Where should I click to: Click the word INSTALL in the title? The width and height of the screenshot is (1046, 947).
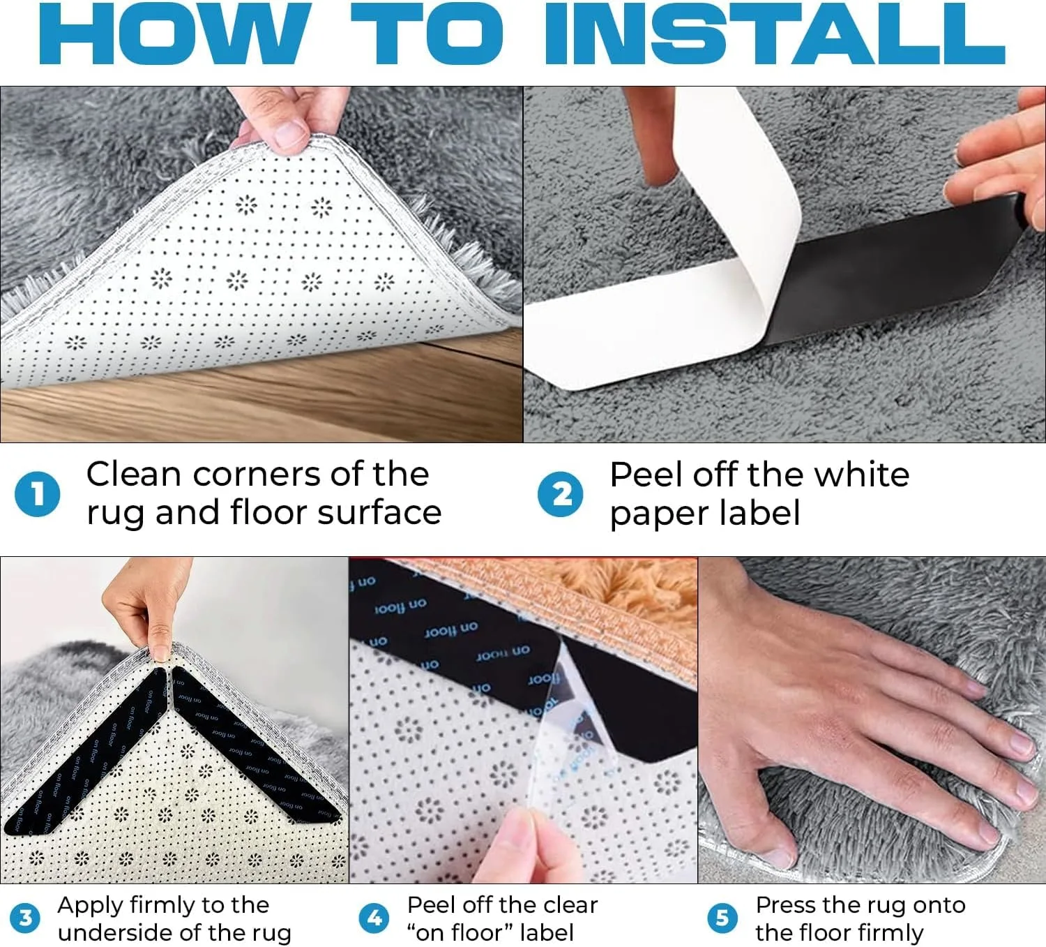[774, 35]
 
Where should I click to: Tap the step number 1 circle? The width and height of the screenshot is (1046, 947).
[37, 494]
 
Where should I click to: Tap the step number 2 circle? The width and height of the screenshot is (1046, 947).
[560, 494]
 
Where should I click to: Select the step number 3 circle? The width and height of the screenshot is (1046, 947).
[26, 918]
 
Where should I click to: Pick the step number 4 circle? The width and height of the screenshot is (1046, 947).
[374, 918]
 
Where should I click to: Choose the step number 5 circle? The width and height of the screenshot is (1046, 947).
[722, 918]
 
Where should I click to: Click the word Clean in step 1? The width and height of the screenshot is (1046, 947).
[134, 475]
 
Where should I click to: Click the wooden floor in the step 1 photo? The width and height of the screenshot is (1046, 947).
[279, 412]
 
